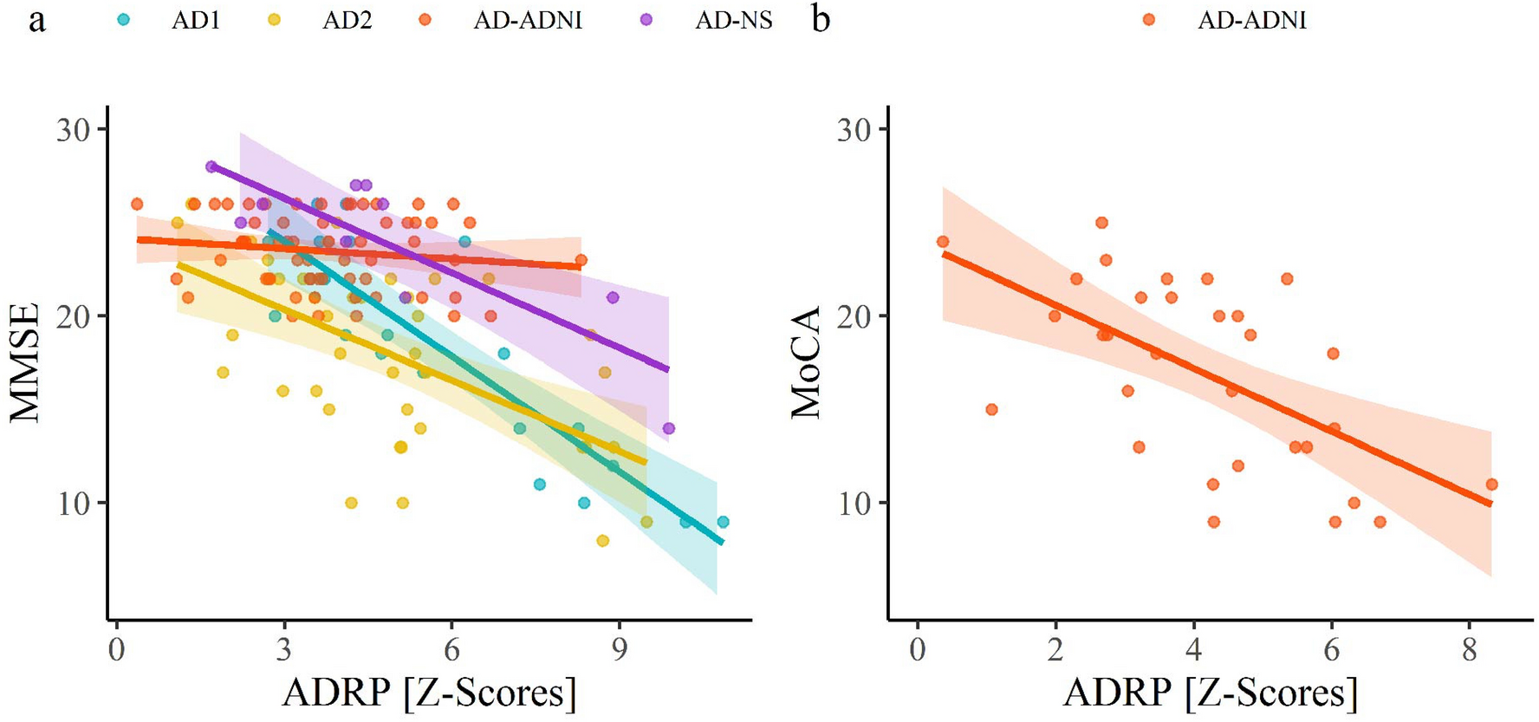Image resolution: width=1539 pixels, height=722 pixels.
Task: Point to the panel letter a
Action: (36, 19)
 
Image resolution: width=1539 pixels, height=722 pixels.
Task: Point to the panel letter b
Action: (821, 19)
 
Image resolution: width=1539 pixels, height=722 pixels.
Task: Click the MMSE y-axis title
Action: (26, 362)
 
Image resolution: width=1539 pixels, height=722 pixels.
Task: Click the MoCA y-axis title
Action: (806, 362)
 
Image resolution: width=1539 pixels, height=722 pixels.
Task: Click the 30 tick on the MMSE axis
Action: (73, 130)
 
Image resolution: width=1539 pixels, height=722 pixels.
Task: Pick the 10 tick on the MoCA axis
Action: (854, 504)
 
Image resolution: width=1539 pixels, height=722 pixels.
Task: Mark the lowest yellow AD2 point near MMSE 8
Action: (603, 541)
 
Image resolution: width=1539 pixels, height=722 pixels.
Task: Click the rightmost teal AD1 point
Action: (723, 522)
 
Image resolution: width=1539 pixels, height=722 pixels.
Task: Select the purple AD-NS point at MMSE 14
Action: (668, 428)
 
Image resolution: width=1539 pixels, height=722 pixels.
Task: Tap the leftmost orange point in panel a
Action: (137, 205)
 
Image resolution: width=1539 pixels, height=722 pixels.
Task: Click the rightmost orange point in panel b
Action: (1491, 485)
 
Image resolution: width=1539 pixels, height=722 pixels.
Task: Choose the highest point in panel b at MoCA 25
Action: (1101, 223)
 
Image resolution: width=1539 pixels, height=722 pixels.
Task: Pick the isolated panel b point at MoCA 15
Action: (991, 409)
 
